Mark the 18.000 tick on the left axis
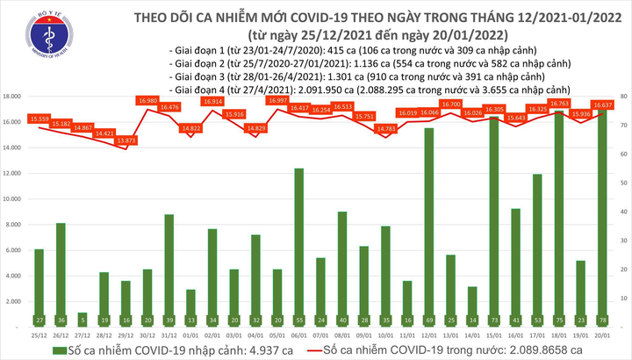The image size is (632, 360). point(14,96)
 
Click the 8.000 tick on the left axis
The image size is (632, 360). point(16,225)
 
